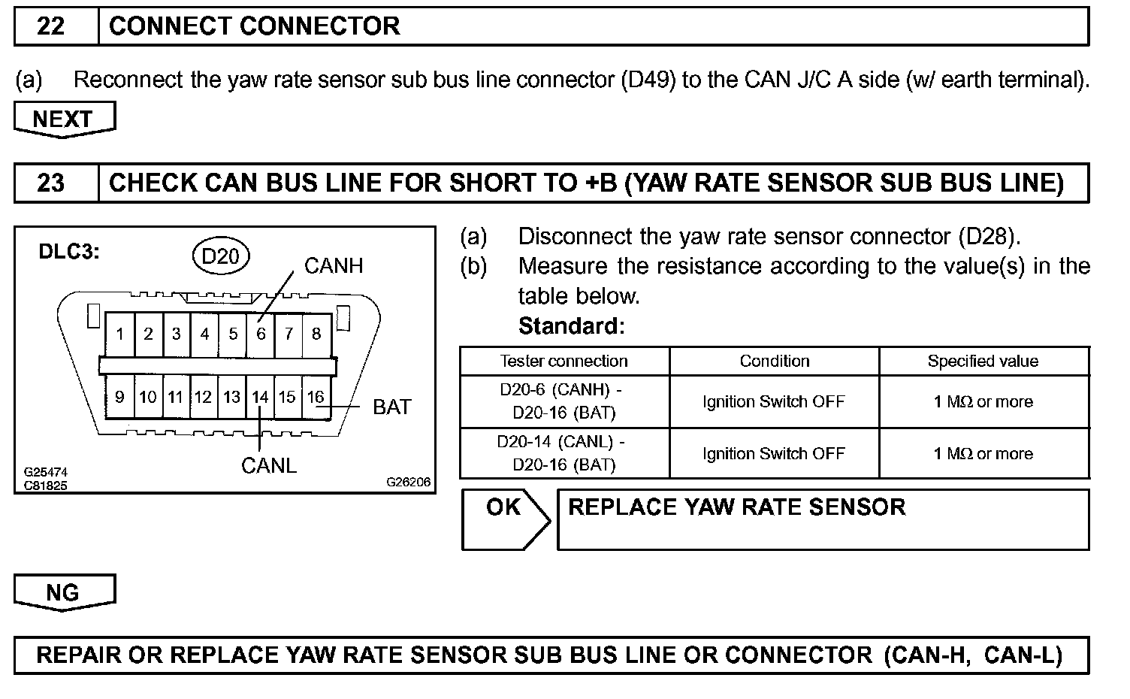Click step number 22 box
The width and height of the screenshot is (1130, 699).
pos(51,26)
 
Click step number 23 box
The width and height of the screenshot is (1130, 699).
pos(51,183)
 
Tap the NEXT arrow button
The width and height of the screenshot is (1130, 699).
pos(64,120)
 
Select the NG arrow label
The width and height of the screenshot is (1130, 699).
pos(64,592)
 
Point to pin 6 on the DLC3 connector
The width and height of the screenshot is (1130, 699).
pos(261,334)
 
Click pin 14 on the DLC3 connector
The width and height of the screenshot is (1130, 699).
pos(260,397)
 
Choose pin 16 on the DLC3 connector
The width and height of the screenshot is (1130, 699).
pos(316,397)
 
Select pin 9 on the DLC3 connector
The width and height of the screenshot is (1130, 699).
pos(120,397)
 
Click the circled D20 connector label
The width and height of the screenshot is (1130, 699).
pos(220,256)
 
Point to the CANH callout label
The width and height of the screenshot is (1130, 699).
pos(333,265)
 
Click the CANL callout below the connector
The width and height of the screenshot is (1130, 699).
pos(268,466)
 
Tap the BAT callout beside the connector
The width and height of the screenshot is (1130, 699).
pos(391,407)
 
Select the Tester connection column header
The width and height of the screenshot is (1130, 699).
pos(563,361)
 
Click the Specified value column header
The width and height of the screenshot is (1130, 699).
pos(983,361)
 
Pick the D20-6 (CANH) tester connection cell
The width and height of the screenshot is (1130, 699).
pos(563,401)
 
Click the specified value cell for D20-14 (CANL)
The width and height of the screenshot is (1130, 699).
pos(983,453)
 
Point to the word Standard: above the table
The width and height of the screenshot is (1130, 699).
pos(571,326)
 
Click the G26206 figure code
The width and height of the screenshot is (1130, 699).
pos(409,482)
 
